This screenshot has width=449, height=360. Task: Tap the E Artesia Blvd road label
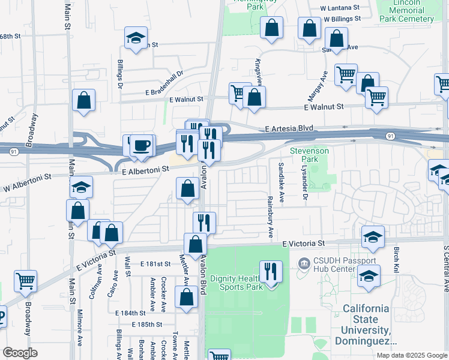290,128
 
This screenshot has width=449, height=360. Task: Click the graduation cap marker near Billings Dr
136,38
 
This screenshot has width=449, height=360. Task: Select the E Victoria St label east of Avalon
303,244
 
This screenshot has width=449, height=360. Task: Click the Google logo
20,353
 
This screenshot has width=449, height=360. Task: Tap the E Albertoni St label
145,170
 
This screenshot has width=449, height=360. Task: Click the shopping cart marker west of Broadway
25,281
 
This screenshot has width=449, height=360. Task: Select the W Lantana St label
340,8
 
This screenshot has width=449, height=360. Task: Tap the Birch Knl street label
396,258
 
